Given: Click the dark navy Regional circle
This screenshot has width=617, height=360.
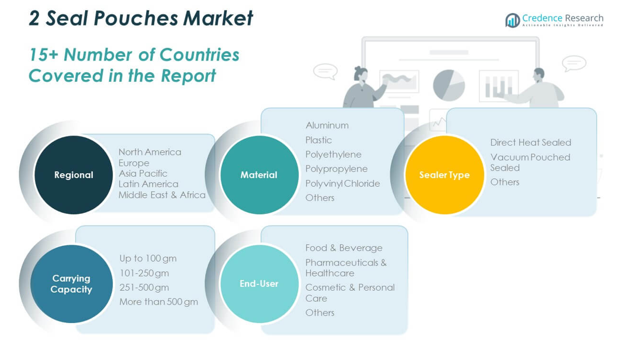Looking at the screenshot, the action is (74, 175).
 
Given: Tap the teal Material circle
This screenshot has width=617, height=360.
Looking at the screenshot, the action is (259, 175).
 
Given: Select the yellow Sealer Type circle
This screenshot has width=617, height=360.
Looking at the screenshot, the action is (445, 175).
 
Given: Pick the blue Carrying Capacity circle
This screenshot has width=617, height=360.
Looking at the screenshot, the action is (71, 284).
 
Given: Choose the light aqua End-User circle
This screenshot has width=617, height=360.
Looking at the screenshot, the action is (259, 284).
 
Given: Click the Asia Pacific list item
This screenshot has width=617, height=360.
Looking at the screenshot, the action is (143, 174).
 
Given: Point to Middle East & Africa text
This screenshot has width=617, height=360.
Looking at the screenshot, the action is (162, 195).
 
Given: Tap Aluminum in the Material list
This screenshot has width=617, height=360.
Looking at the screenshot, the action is (327, 126).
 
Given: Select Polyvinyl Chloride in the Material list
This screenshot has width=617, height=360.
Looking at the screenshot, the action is (343, 183).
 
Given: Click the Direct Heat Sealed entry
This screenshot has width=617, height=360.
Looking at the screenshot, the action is (530, 142).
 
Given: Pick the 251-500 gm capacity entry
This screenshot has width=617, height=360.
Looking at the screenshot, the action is (144, 287).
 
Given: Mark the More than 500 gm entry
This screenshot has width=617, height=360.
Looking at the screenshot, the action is (159, 302).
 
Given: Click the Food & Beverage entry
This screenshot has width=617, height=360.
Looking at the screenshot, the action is (344, 248).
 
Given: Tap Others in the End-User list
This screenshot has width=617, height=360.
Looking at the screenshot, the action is (320, 313).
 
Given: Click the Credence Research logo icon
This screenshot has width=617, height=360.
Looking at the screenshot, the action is (512, 20).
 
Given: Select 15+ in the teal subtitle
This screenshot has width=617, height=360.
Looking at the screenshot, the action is (44, 55).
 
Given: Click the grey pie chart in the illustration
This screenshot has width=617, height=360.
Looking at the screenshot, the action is (449, 86).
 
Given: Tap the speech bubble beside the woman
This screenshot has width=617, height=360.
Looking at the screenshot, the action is (325, 71).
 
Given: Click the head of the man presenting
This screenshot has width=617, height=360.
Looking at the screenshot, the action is (538, 74).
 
